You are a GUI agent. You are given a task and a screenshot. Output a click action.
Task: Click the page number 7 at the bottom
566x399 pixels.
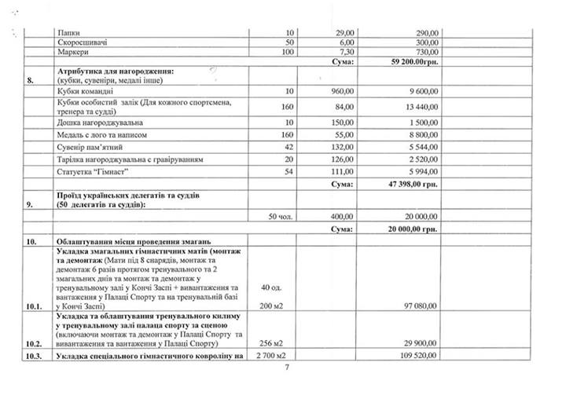click(288, 368)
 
